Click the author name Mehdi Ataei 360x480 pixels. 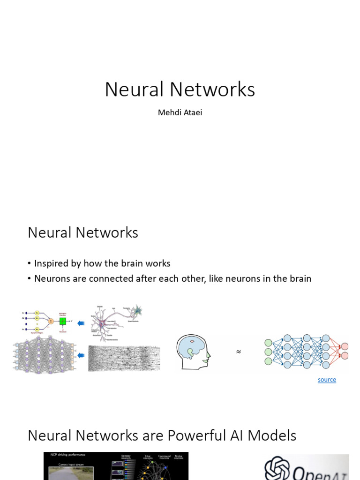pos(180,112)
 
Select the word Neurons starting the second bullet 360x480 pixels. pos(51,278)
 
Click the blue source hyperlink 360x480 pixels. pos(327,380)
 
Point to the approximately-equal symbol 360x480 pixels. pos(239,352)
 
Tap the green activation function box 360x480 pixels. pos(62,321)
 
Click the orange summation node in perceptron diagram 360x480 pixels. pos(51,321)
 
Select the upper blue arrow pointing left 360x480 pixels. pos(81,323)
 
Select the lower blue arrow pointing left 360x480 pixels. pos(81,356)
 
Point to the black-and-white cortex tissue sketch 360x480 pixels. pos(124,358)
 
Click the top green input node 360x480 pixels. pos(268,343)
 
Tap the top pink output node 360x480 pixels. pos(345,346)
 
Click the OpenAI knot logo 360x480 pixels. pos(276,467)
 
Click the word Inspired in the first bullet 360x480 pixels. pos(51,263)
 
